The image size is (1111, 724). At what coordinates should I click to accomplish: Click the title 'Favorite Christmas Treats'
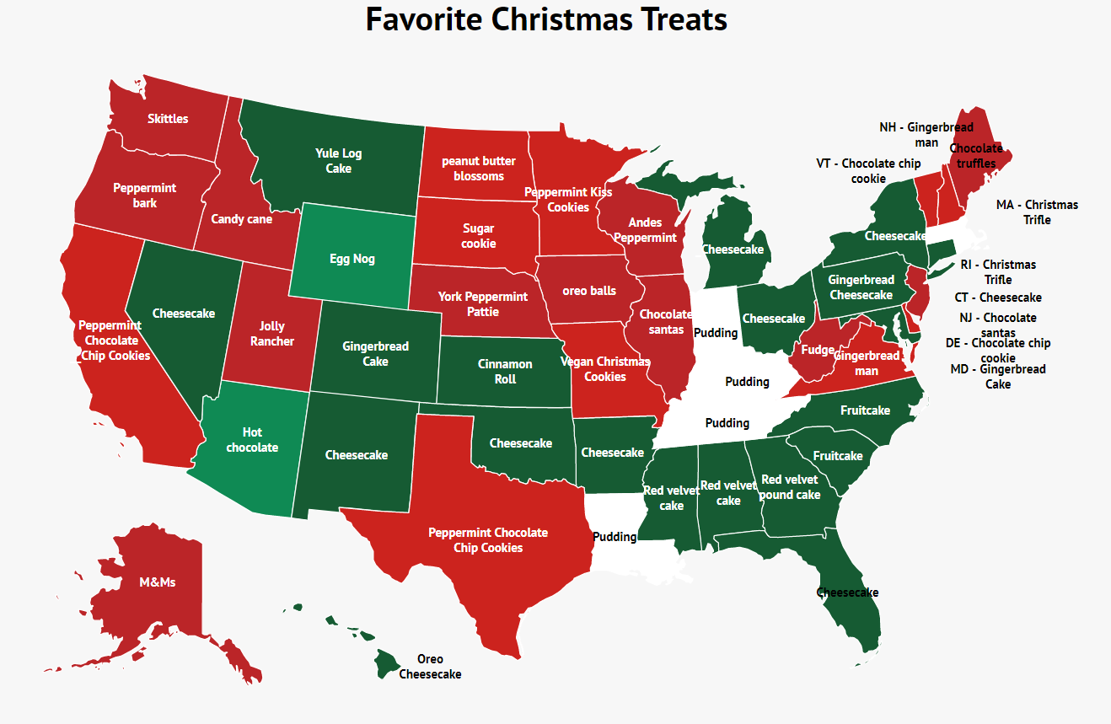546,19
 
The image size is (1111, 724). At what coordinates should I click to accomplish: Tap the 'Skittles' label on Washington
168,119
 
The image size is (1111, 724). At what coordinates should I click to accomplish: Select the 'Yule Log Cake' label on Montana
339,161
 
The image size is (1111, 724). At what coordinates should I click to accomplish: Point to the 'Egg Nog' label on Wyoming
352,259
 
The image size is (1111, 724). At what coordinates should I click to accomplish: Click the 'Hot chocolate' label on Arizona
252,440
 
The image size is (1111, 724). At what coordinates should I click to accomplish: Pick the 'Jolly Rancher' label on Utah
272,334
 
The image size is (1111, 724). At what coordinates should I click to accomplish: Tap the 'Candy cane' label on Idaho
241,219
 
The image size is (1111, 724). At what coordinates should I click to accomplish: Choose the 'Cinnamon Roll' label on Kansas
505,372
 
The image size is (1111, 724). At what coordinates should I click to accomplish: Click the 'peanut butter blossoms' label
479,169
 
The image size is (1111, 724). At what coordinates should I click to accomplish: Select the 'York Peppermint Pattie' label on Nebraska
483,304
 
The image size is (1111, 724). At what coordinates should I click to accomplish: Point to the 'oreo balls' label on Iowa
590,291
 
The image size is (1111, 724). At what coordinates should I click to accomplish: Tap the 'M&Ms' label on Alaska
158,582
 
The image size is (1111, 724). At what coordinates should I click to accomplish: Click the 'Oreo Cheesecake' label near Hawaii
430,667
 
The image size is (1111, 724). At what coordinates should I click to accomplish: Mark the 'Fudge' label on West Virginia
818,350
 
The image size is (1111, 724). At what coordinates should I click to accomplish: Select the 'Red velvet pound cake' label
790,487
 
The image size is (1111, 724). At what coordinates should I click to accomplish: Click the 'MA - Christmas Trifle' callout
1037,212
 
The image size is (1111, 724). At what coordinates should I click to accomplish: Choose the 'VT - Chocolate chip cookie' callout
868,171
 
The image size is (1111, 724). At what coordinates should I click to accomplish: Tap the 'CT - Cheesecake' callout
998,298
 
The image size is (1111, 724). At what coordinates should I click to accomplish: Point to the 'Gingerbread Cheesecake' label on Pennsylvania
861,287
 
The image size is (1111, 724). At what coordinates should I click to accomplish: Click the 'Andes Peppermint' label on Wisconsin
646,230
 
